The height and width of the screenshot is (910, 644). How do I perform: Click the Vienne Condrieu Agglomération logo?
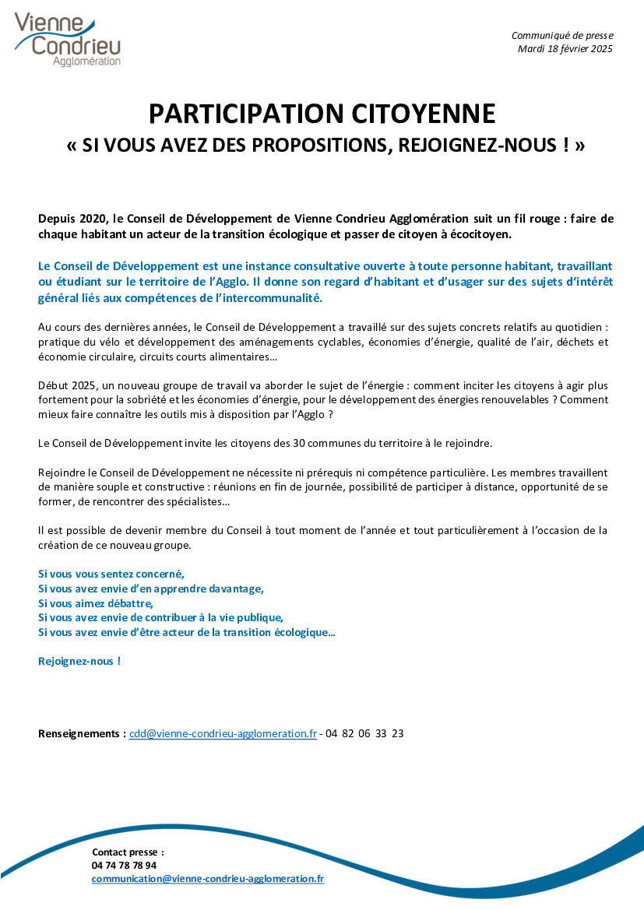pyautogui.click(x=68, y=38)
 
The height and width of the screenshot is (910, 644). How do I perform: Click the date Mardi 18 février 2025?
pyautogui.click(x=565, y=48)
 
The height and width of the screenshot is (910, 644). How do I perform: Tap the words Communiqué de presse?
pyautogui.click(x=562, y=35)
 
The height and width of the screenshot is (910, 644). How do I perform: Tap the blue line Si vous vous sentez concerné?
pyautogui.click(x=111, y=574)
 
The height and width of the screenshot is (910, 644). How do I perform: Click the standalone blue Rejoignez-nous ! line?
pyautogui.click(x=79, y=661)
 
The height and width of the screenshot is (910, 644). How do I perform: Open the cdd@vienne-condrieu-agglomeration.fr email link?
pyautogui.click(x=223, y=733)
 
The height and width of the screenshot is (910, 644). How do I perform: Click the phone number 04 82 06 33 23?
pyautogui.click(x=364, y=733)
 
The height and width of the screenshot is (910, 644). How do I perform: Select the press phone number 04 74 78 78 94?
pyautogui.click(x=124, y=865)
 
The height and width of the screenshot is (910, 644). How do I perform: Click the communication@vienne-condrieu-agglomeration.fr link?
pyautogui.click(x=208, y=878)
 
